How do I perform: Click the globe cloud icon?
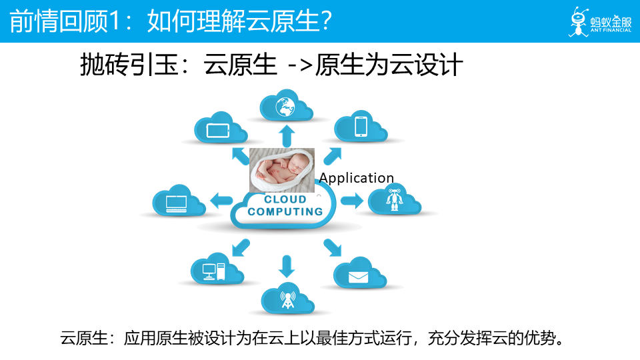[x=287, y=107]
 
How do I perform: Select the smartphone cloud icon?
[x=361, y=126]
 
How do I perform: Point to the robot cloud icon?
[x=395, y=199]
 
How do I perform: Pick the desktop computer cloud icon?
[x=213, y=269]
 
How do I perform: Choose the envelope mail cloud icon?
[x=359, y=274]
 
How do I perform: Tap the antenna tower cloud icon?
[x=287, y=299]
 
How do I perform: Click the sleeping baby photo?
[x=283, y=171]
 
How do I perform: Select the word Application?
[x=357, y=178]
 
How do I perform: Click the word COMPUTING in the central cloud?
[x=285, y=212]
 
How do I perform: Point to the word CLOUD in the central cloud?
[x=285, y=199]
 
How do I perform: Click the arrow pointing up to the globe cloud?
[x=287, y=135]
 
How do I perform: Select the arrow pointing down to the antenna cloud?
[x=287, y=266]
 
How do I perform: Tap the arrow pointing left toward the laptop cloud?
[x=221, y=199]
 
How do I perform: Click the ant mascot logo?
[x=578, y=21]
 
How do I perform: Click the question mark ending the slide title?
[x=325, y=22]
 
